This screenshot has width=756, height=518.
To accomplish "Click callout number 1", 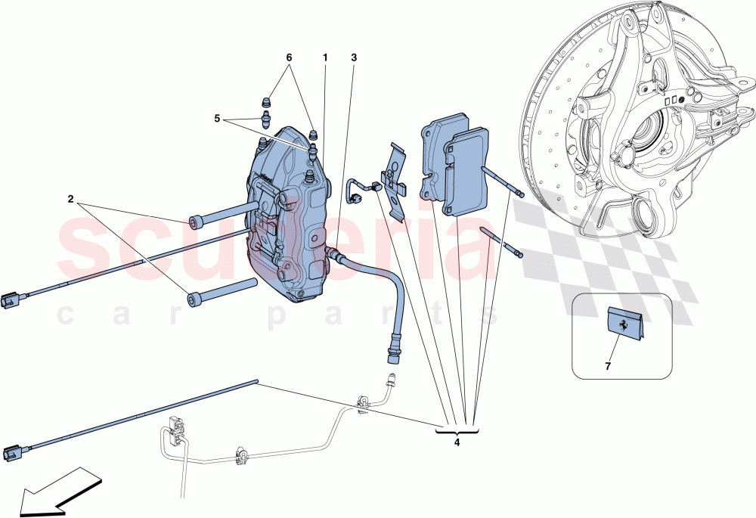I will click(x=325, y=57).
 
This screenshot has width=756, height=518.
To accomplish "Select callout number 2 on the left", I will click(x=70, y=200).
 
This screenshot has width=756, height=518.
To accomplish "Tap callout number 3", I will click(x=354, y=57).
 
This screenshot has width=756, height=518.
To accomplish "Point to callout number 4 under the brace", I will click(x=457, y=443).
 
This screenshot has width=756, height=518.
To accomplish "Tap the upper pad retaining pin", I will click(x=500, y=181).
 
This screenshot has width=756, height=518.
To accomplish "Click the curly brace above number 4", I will click(x=457, y=430).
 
